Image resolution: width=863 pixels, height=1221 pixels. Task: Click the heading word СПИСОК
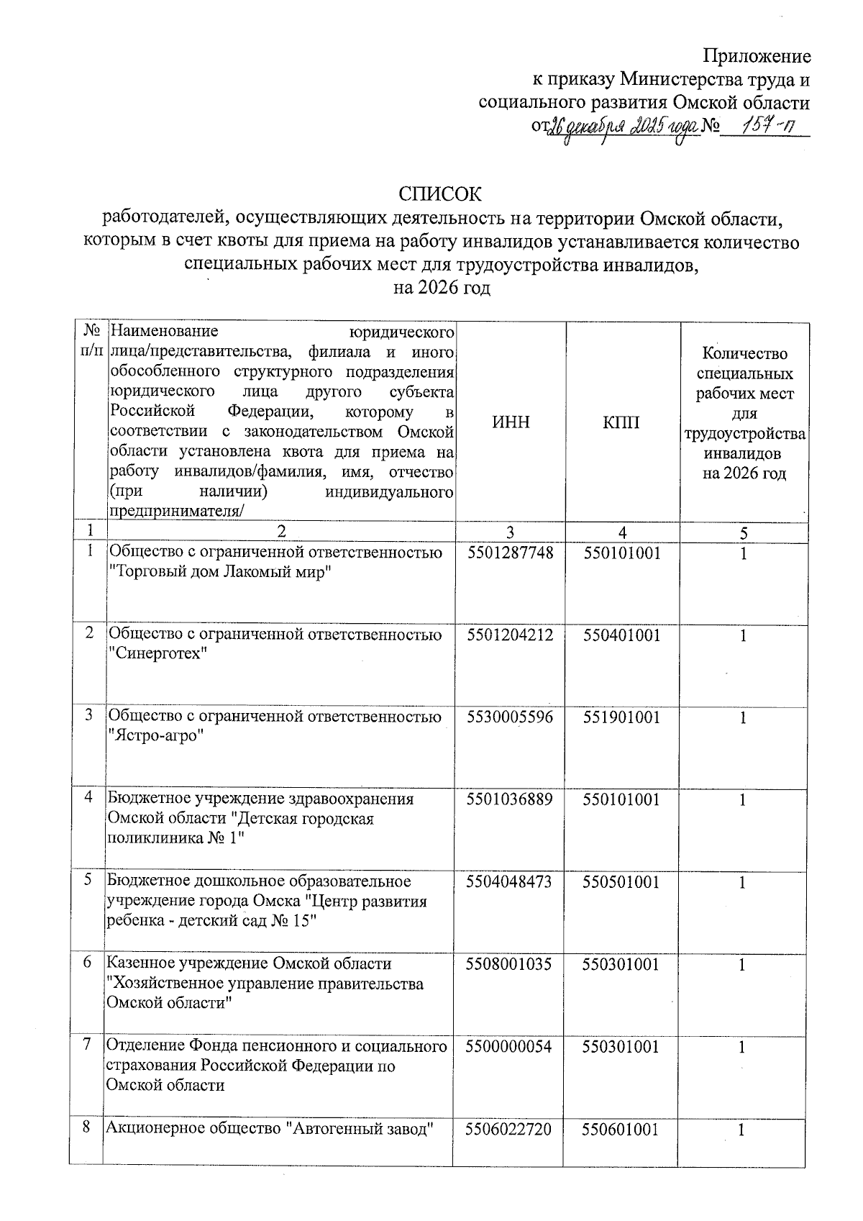coord(440,194)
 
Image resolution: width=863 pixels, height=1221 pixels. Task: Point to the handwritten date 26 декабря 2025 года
coord(623,128)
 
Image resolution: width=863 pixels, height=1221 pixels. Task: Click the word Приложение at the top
coord(757,56)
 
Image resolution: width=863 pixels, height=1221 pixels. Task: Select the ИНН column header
coord(511,422)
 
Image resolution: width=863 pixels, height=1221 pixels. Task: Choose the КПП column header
coord(622,422)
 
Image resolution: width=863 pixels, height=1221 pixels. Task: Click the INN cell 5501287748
coord(510,553)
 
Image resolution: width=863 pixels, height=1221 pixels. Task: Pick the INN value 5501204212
coord(510,635)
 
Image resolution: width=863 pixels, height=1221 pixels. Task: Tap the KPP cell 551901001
coord(621,717)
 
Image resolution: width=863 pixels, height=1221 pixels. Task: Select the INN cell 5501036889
coord(510,799)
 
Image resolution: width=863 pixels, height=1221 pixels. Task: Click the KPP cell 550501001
coord(621,882)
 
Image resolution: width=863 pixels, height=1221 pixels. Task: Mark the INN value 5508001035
coord(509,964)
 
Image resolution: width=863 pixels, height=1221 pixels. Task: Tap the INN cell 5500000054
coord(509,1047)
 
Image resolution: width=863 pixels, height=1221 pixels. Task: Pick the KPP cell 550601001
coord(621,1130)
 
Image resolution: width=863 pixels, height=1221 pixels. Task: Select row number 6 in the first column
coord(88,963)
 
